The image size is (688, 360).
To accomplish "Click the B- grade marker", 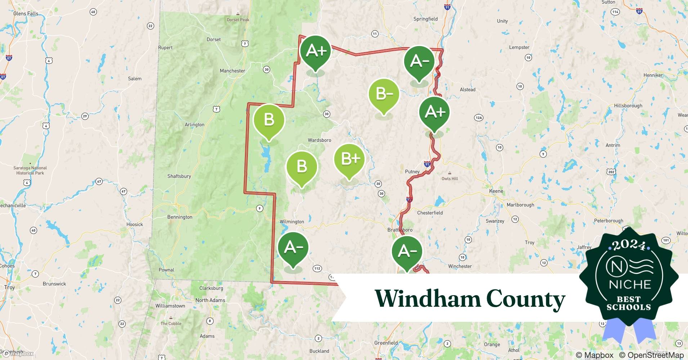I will [384, 94].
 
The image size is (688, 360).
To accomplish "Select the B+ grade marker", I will [349, 159].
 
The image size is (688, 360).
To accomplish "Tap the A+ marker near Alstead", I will [434, 112].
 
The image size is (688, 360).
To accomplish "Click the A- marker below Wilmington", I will [293, 248].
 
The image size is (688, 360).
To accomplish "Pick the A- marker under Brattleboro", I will [407, 251].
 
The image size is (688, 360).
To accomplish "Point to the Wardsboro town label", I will [319, 140].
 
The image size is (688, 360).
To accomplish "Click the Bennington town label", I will [180, 217].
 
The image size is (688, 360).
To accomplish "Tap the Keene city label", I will [496, 191].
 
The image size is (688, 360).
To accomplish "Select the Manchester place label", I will [232, 71].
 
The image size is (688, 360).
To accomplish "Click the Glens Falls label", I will [26, 14].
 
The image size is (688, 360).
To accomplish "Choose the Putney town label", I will [412, 172].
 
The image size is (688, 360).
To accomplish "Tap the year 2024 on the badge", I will [629, 245].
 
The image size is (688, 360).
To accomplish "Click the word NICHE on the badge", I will [630, 284].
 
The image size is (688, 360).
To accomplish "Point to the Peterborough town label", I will [608, 221].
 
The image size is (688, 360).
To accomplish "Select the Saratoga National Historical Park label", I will [30, 170].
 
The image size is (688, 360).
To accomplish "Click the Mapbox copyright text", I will [594, 355].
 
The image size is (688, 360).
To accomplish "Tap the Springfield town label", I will [425, 19].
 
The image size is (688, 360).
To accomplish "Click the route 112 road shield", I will [317, 269].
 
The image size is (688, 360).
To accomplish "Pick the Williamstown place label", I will [170, 306].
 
